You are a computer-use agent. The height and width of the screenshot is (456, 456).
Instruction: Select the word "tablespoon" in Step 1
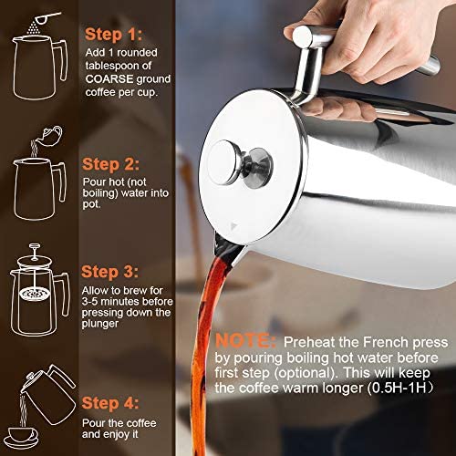(x=117, y=74)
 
